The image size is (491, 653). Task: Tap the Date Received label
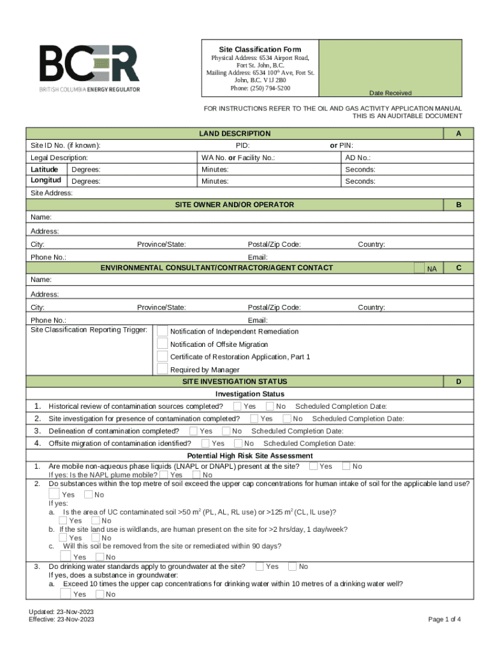(390, 93)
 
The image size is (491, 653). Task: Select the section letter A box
(458, 133)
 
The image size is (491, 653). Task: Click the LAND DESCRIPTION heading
(235, 133)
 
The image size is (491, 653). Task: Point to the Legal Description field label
(59, 158)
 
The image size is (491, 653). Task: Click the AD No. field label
(358, 158)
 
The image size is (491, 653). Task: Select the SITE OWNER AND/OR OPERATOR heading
(235, 205)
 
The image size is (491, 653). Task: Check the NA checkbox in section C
(418, 268)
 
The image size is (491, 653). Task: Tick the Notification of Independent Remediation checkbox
(163, 331)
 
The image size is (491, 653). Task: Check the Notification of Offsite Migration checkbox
(163, 344)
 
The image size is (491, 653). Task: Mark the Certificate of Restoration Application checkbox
(163, 356)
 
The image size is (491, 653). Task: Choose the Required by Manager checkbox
(163, 369)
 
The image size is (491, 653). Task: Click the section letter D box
(458, 381)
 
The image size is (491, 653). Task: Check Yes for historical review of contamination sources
(237, 406)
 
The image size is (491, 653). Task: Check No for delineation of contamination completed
(237, 431)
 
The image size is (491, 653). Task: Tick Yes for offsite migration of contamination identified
(205, 443)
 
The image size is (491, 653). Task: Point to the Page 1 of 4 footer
(444, 619)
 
